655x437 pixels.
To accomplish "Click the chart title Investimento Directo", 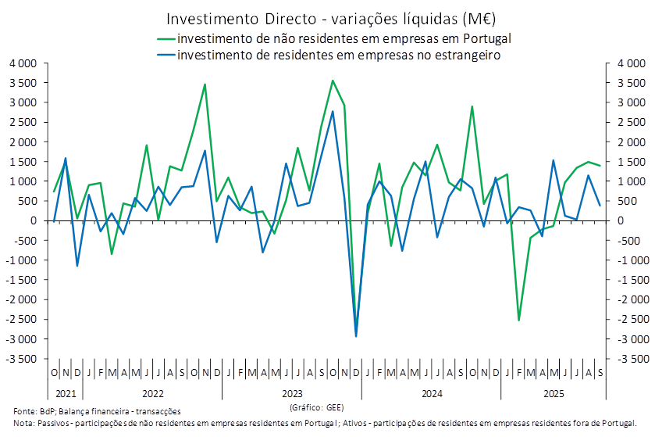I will pyautogui.click(x=331, y=18).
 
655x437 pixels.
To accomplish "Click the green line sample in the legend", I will pyautogui.click(x=166, y=38).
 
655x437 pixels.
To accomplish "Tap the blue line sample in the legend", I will pyautogui.click(x=166, y=56).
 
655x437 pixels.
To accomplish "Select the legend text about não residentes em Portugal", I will pyautogui.click(x=344, y=38).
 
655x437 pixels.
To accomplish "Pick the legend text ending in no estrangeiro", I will pyautogui.click(x=338, y=56).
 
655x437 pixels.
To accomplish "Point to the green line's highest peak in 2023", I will pyautogui.click(x=333, y=81).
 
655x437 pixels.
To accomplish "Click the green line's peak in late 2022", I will pyautogui.click(x=205, y=84).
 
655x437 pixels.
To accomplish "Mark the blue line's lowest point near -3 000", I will pyautogui.click(x=357, y=336).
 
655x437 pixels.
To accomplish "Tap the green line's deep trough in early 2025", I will pyautogui.click(x=519, y=319).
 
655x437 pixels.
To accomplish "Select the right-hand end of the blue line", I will pyautogui.click(x=600, y=206).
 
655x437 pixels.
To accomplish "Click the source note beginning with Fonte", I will pyautogui.click(x=98, y=410).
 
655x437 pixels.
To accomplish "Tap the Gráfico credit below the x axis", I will pyautogui.click(x=315, y=407).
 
